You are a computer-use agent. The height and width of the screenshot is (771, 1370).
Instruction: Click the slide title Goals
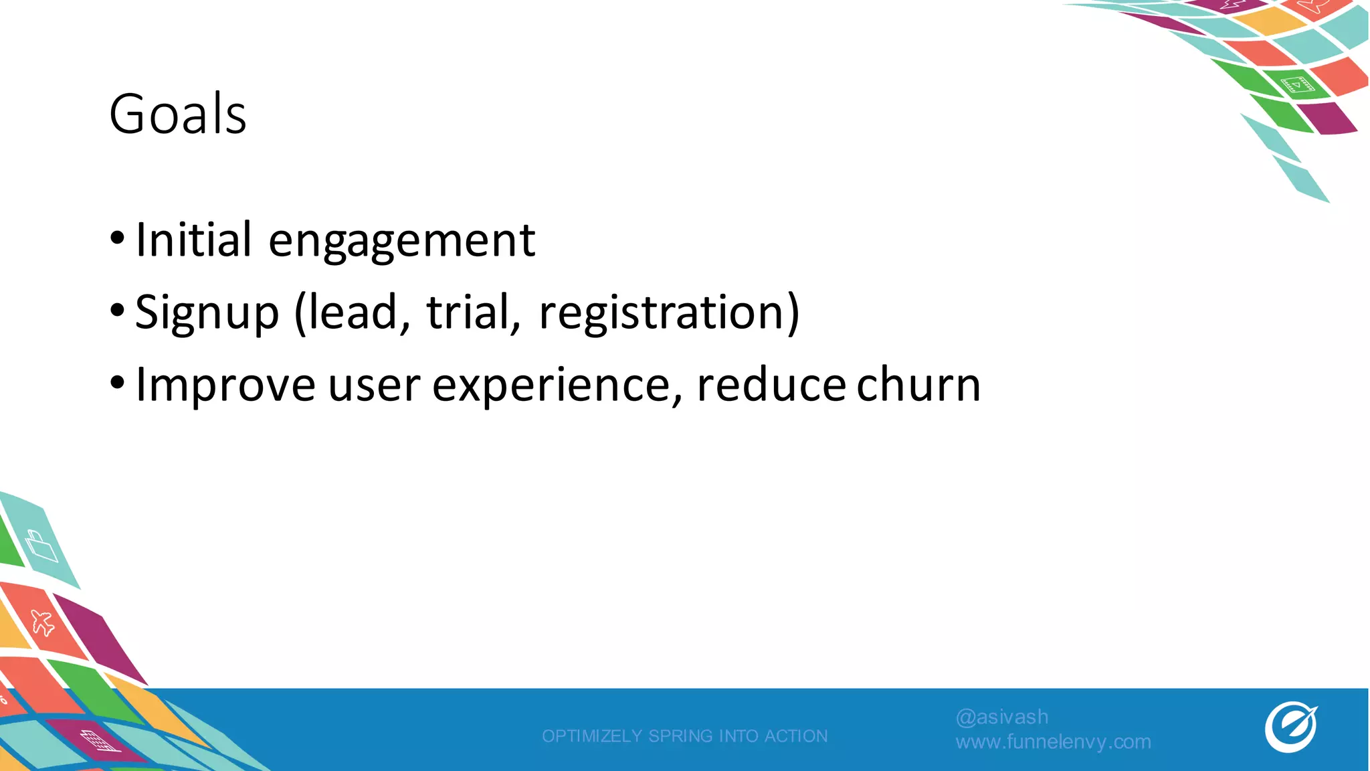point(178,114)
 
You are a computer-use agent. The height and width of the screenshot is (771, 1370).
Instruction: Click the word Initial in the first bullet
point(193,239)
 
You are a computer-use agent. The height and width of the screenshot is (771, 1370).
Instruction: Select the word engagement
point(401,241)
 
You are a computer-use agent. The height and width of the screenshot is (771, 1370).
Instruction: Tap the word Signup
point(207,312)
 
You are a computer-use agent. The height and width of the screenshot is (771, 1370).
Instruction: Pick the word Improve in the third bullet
point(225,385)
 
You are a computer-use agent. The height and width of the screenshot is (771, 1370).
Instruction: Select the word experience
point(551,385)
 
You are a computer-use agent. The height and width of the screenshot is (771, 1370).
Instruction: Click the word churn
point(918,385)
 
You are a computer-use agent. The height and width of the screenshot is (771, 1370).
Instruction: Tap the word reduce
point(771,385)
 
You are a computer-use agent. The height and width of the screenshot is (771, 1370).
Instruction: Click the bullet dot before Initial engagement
point(117,238)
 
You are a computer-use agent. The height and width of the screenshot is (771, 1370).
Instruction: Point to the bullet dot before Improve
point(117,383)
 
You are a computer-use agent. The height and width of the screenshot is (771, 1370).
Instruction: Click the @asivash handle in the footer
point(1001,717)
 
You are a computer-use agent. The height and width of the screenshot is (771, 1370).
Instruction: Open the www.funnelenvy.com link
point(1053,742)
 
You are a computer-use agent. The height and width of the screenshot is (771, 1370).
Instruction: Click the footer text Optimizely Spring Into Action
point(684,736)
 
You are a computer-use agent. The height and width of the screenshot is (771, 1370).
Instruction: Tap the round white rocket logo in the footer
point(1290,727)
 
